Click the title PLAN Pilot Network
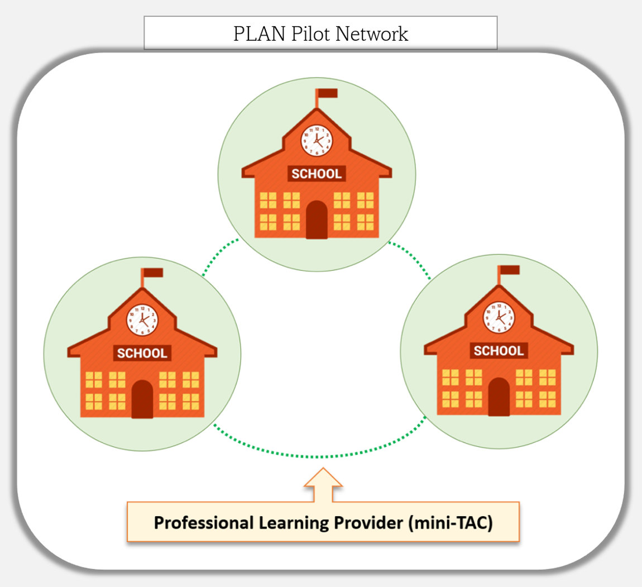point(320,34)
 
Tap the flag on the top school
point(327,93)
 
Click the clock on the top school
point(317,140)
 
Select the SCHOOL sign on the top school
point(317,174)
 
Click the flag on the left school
point(153,273)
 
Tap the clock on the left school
point(142,320)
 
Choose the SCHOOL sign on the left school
point(142,353)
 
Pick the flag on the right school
point(509,270)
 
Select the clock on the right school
point(499,317)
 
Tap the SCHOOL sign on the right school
point(499,351)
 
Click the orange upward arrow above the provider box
point(323,485)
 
